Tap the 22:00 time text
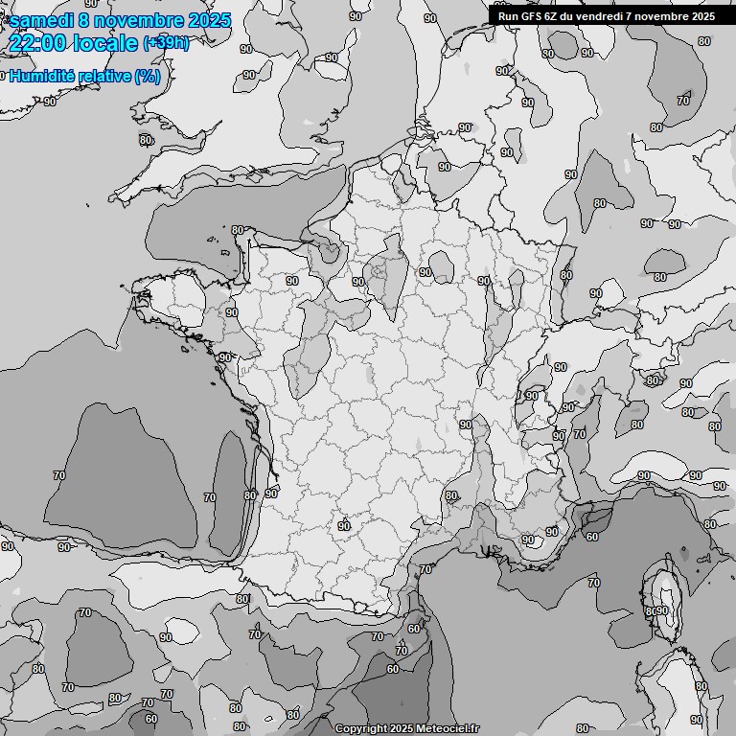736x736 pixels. (35, 43)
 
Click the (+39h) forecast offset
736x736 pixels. (166, 43)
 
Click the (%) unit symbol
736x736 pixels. (148, 77)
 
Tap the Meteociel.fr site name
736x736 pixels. (448, 729)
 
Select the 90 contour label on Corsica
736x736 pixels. (662, 610)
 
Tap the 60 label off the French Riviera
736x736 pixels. (592, 537)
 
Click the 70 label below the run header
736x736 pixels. (683, 101)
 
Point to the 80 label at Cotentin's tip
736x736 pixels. (238, 230)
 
